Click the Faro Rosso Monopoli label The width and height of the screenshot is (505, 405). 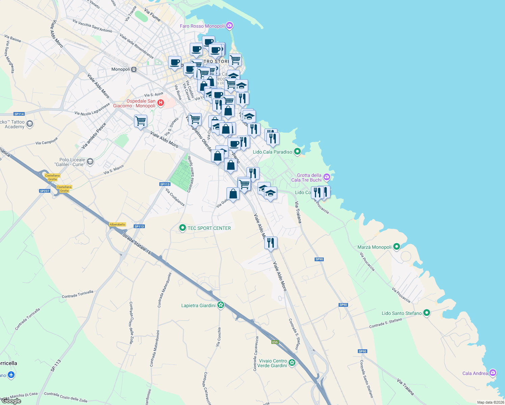pos(202,26)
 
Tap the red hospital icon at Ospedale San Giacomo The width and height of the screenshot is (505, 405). pos(161,103)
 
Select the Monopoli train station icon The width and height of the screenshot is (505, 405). pos(134,70)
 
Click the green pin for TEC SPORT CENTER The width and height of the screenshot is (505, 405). pos(183,228)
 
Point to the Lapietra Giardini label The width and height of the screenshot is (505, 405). pos(198,305)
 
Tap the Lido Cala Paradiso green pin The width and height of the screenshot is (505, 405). pos(297,152)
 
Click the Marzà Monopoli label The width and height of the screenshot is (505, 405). pos(374,247)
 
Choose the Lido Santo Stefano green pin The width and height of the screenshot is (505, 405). pos(427,313)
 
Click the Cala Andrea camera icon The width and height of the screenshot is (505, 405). pos(493,373)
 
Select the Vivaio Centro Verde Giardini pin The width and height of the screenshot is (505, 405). pos(292,363)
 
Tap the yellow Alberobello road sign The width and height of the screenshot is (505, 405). pos(117,224)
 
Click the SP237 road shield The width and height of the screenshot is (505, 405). pos(45,191)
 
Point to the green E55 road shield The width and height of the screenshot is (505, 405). pos(275,342)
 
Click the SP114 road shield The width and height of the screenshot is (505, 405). pos(19,114)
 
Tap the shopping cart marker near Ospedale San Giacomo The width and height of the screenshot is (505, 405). pos(140,120)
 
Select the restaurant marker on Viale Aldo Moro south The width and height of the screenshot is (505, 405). pos(271,242)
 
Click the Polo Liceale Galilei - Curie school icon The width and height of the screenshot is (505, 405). pos(90,162)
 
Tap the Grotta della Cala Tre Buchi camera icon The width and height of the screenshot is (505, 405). pos(326,177)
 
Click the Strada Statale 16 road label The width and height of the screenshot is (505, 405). pos(136,243)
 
